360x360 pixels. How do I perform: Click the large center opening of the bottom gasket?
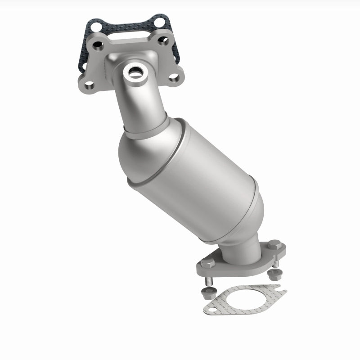tap(238, 302)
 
